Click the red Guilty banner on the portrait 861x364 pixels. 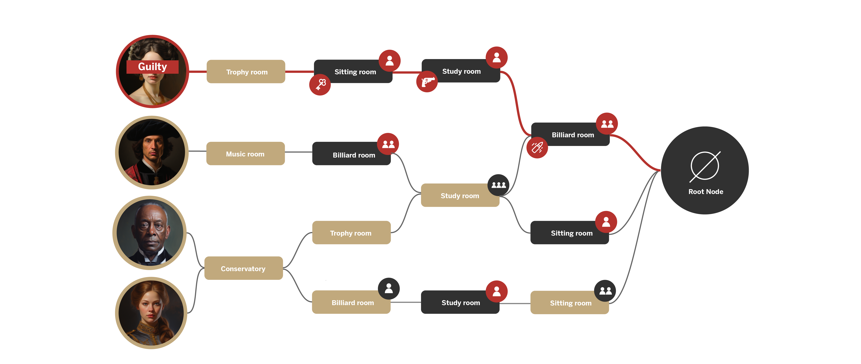152,67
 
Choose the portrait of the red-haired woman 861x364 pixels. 151,313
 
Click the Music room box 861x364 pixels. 245,154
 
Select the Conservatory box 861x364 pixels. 243,268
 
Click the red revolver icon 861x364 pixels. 427,82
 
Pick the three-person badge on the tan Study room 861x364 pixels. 498,185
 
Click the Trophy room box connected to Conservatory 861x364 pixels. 351,233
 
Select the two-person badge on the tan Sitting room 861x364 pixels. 605,291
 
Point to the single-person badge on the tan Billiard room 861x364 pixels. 389,288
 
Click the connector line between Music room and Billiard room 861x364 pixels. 298,152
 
